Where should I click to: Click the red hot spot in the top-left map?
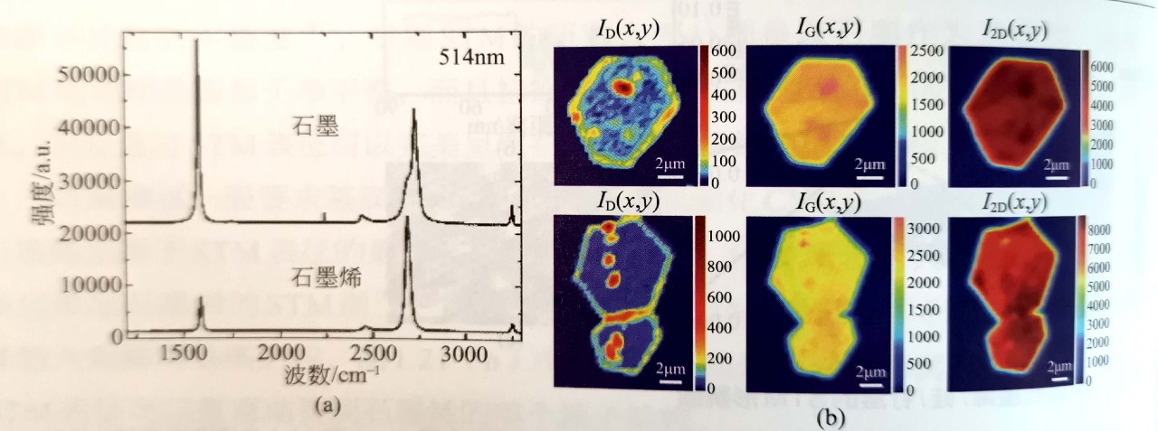pyautogui.click(x=623, y=87)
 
